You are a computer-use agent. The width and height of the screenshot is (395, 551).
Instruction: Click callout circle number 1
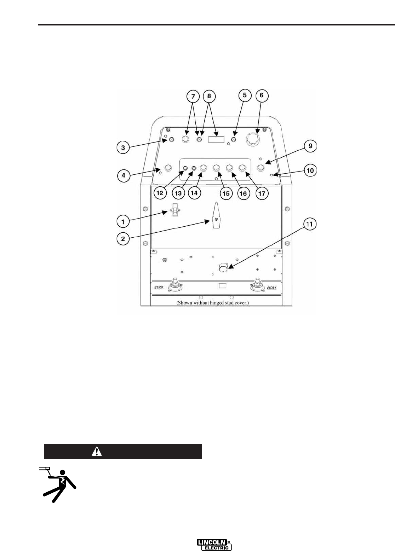click(x=123, y=222)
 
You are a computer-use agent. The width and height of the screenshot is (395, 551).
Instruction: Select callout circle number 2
click(x=123, y=238)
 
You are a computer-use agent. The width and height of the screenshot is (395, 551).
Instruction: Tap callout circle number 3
click(x=123, y=147)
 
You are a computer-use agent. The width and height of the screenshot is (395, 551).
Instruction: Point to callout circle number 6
click(x=262, y=95)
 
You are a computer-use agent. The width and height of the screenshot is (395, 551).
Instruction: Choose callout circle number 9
click(x=310, y=146)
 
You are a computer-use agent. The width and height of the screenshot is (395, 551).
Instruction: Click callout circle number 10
click(x=310, y=170)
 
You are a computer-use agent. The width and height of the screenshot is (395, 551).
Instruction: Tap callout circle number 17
click(x=262, y=193)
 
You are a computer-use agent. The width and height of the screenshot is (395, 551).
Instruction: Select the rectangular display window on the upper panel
click(x=216, y=139)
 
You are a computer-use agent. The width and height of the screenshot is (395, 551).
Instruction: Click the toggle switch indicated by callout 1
click(x=175, y=211)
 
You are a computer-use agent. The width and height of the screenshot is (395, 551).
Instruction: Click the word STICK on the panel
click(x=159, y=288)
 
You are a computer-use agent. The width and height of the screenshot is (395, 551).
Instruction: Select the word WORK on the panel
click(x=271, y=288)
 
